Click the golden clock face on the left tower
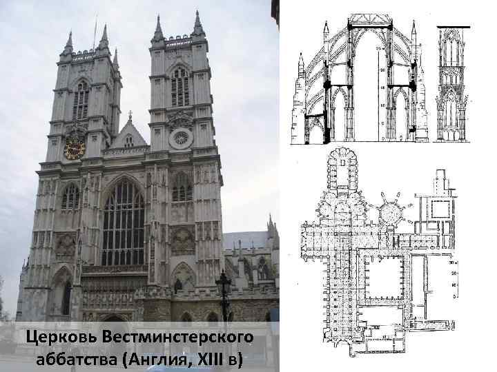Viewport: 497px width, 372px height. coord(74,148)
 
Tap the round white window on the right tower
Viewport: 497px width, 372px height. coord(181,138)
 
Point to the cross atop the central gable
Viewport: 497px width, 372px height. coord(129,114)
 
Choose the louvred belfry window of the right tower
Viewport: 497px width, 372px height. coord(180,87)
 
